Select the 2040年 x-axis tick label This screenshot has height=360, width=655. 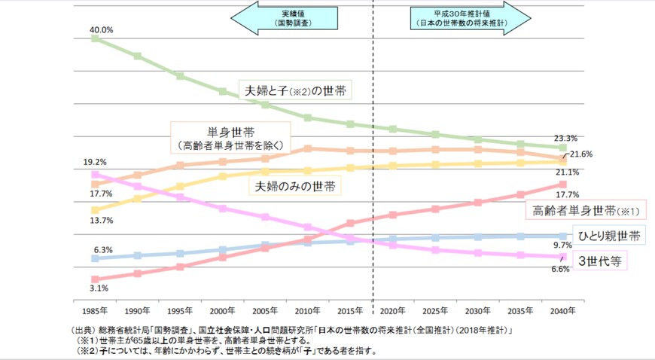pyautogui.click(x=562, y=310)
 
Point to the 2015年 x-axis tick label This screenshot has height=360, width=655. pyautogui.click(x=351, y=310)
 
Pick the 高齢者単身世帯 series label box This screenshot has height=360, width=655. pyautogui.click(x=585, y=209)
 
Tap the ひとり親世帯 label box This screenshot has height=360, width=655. pyautogui.click(x=609, y=236)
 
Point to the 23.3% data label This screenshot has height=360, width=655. pyautogui.click(x=565, y=138)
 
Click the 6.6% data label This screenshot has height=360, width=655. pyautogui.click(x=560, y=269)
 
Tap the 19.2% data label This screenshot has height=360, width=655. pyautogui.click(x=95, y=162)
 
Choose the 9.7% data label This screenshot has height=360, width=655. pyautogui.click(x=563, y=246)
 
